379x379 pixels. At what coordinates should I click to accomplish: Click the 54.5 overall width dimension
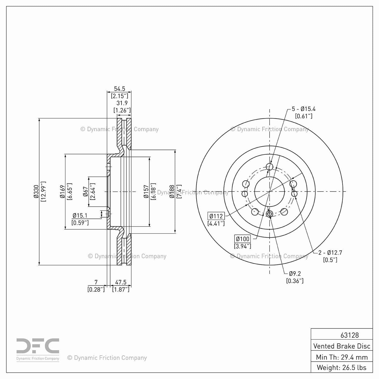pos(119,89)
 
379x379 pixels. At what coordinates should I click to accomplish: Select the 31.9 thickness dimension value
pos(122,103)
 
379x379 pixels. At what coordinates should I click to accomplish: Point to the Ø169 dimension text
pos(62,191)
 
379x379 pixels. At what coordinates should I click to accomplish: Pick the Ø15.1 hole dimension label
pos(80,216)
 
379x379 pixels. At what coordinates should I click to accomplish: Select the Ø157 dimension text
pos(146,191)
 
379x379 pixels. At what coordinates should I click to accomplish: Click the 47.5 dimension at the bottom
pos(121,282)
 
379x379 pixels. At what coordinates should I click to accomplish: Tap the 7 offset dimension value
pos(96,282)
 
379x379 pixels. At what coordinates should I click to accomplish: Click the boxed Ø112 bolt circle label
pos(216,216)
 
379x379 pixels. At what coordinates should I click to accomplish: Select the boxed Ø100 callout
pos(242,239)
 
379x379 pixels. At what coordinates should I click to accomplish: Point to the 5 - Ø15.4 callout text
pos(303,109)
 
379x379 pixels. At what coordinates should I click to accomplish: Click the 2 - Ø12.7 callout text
pos(330,253)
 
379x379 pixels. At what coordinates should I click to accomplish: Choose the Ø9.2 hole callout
pos(295,274)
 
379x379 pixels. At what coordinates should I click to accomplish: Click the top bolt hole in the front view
pos(269,167)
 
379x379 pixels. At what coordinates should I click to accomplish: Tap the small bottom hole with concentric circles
pos(269,214)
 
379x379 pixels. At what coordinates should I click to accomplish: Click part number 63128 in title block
pos(349,335)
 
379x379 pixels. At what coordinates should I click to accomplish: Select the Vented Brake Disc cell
pos(342,346)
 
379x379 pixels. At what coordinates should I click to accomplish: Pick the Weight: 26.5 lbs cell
pos(342,367)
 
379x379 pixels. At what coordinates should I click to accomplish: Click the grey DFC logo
pos(38,346)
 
